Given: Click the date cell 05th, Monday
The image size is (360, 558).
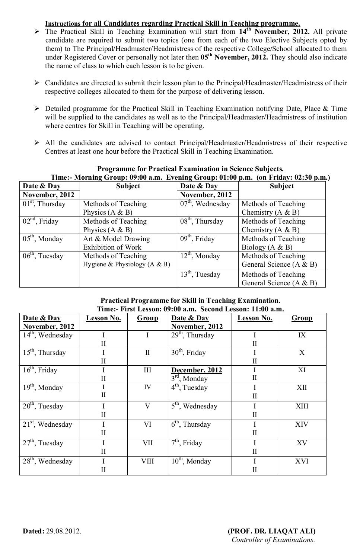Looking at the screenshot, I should tap(43, 239).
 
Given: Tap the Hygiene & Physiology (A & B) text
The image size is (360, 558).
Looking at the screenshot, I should tap(126, 264).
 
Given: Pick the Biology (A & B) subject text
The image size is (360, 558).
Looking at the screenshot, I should tap(267, 247).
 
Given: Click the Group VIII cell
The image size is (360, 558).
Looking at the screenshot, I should tap(147, 461).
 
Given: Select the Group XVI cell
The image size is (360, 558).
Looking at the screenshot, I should tap(302, 461).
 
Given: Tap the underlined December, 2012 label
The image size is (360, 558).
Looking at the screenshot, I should tap(197, 370).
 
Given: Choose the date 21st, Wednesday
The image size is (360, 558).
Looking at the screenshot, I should tap(47, 424).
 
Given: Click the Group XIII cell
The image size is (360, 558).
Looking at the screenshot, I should tap(302, 406).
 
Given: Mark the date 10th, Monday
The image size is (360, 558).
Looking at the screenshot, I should tap(191, 461).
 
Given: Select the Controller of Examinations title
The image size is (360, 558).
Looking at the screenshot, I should tap(273, 540).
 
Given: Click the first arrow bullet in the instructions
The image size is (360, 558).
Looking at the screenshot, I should tap(37, 32).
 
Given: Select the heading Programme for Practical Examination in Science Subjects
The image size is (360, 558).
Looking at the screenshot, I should tap(190, 169).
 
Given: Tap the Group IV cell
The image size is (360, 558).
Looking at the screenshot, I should tap(147, 388).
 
